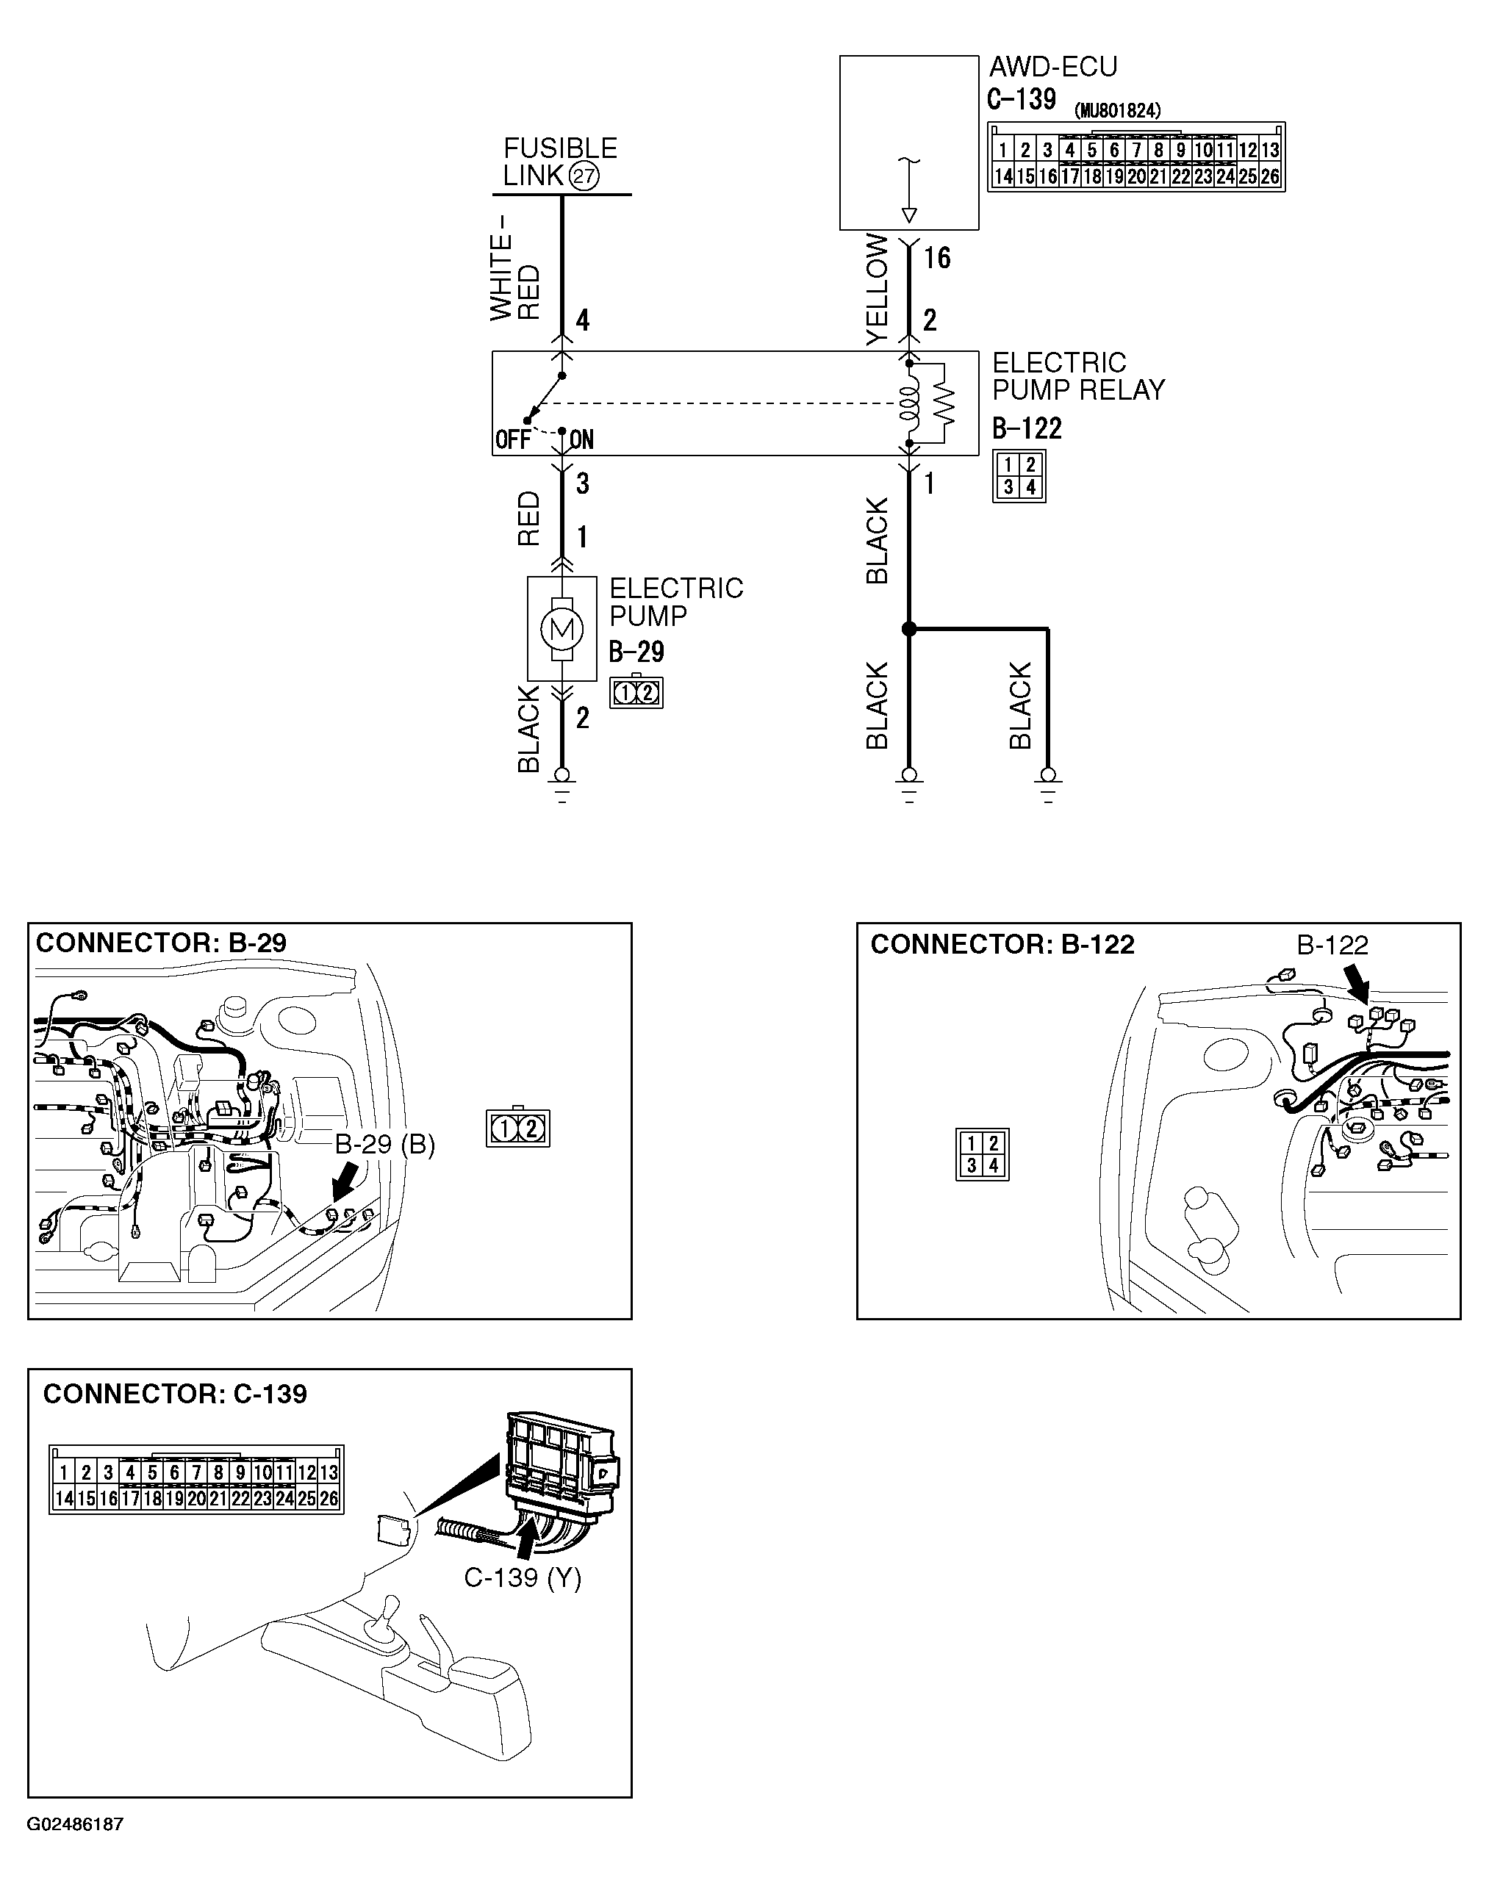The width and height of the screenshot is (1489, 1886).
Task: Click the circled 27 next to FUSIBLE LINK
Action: click(x=584, y=177)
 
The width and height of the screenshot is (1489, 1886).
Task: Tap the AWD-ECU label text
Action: click(x=1052, y=67)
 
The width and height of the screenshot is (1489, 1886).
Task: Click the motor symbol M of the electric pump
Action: click(x=561, y=628)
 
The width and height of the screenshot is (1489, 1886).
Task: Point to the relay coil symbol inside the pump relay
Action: click(x=908, y=403)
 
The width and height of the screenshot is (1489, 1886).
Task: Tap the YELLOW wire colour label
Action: click(x=876, y=289)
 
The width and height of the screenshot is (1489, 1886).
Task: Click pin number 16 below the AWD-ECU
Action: click(x=936, y=258)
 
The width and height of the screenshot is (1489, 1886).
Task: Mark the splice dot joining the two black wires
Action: click(x=908, y=628)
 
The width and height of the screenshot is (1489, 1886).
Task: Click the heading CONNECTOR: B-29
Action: click(x=160, y=943)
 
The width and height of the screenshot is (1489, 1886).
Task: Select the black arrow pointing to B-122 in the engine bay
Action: click(x=1357, y=987)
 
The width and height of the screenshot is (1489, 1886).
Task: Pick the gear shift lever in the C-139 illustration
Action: click(x=384, y=1623)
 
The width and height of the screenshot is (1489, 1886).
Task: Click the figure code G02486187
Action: click(x=75, y=1824)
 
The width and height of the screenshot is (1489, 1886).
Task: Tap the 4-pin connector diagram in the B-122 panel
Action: click(x=982, y=1155)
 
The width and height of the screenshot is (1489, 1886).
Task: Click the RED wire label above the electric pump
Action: click(x=528, y=519)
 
